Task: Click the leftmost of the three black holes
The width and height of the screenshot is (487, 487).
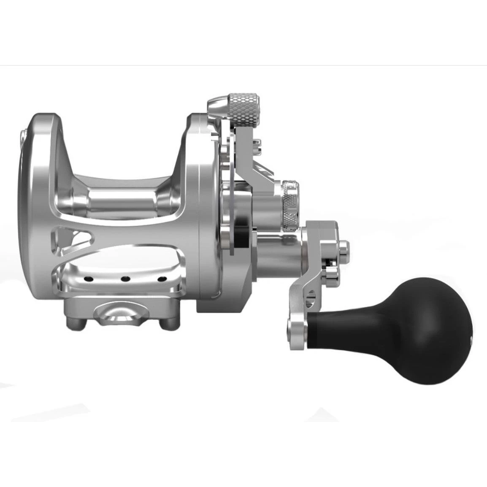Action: (89, 279)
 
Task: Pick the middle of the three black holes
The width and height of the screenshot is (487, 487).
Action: (125, 279)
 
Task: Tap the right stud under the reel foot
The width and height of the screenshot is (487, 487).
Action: (170, 325)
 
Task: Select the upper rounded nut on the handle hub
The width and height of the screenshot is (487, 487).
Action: (344, 249)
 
